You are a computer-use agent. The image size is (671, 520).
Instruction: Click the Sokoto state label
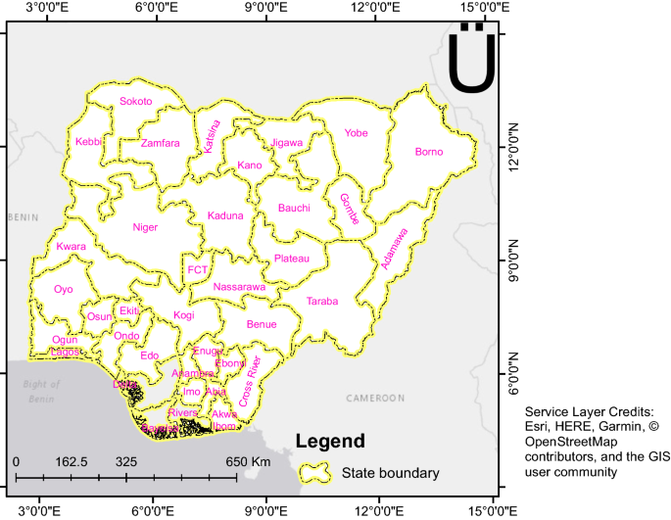coord(136,101)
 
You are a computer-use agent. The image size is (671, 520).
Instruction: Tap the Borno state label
coord(429,152)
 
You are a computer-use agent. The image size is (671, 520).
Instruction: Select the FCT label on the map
coord(198,269)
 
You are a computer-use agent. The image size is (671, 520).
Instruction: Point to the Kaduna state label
coord(225,215)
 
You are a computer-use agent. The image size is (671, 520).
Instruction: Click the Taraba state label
coord(322,302)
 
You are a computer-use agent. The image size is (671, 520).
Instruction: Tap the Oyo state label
coord(64,290)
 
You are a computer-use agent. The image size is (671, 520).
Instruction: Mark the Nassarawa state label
coord(239,287)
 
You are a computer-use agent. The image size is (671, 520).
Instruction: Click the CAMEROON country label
coord(375,399)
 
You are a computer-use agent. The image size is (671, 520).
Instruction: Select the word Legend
coord(330,441)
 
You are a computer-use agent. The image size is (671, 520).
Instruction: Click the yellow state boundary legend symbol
coord(314,473)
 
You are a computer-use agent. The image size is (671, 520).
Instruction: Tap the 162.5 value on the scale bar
coord(72,461)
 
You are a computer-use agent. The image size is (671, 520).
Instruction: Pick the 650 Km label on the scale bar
coord(249,461)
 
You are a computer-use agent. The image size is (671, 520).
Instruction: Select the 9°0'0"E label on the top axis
coord(267,9)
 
